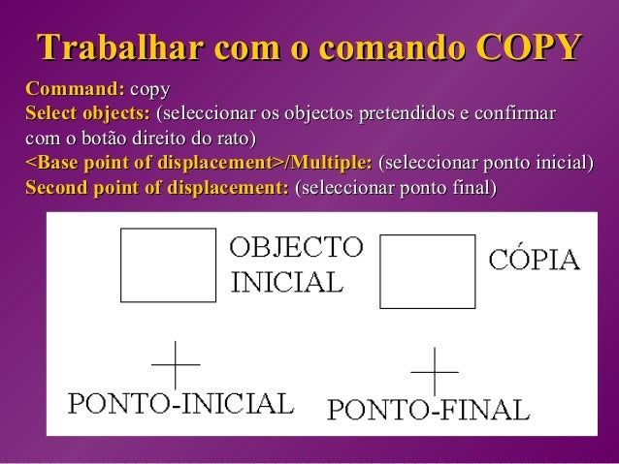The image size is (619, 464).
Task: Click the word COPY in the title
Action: [530, 46]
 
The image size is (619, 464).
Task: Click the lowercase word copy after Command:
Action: [149, 90]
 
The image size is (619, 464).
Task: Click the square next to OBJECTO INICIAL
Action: [168, 265]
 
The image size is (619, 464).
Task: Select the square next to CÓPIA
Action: [426, 271]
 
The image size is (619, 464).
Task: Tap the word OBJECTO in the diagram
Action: [296, 247]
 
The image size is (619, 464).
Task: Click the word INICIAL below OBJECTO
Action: [286, 282]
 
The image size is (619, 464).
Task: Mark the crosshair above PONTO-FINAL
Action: [435, 371]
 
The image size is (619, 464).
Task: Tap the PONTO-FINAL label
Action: [428, 411]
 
